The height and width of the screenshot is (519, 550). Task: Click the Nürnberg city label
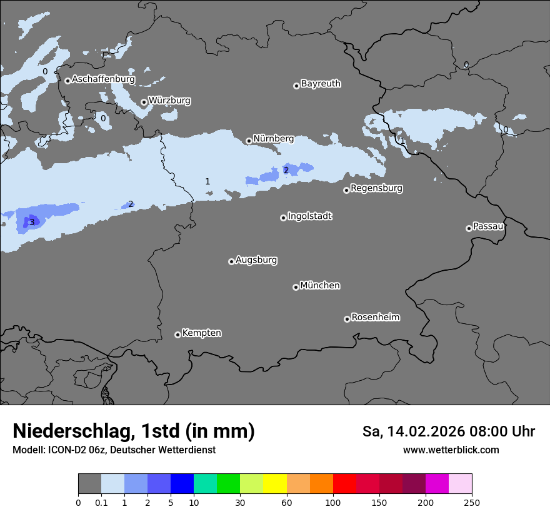pos(273,138)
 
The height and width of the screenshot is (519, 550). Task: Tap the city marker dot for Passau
pos(469,228)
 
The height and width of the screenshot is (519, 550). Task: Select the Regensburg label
pos(376,188)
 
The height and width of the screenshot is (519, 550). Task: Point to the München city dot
pos(296,287)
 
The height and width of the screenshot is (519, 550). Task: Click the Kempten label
pos(201,333)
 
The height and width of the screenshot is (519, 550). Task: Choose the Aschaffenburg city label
pos(103,79)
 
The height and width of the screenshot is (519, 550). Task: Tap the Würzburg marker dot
pos(144,102)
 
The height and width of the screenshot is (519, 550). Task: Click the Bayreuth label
pos(321,84)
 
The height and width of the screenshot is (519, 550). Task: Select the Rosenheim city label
pos(375,318)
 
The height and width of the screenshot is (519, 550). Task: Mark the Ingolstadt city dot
pos(283,218)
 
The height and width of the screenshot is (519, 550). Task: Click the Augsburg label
pos(256,260)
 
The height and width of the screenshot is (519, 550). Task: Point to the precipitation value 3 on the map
pos(32,222)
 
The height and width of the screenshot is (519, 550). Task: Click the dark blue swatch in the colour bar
pos(182,484)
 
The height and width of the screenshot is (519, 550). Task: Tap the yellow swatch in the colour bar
pos(274,484)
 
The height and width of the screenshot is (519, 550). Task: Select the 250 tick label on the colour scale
pos(472,502)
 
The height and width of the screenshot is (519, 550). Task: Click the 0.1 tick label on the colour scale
pos(101,502)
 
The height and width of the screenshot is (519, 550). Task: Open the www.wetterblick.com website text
pos(451,450)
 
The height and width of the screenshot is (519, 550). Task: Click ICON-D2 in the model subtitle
pos(67,450)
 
